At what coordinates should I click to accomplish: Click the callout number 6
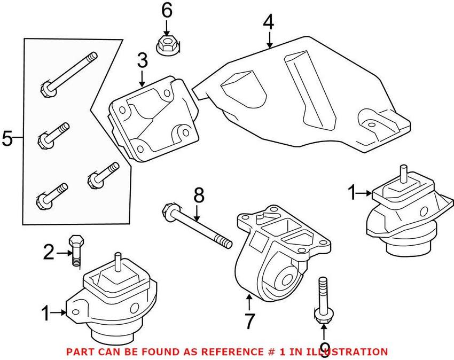(x=167, y=10)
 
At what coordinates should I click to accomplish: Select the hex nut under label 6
(x=167, y=44)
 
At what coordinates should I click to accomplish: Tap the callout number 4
(x=268, y=22)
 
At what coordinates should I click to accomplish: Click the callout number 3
(x=142, y=60)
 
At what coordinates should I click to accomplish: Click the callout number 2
(x=49, y=252)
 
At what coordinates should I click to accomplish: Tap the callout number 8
(x=199, y=195)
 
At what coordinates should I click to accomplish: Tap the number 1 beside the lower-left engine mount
(x=46, y=313)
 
